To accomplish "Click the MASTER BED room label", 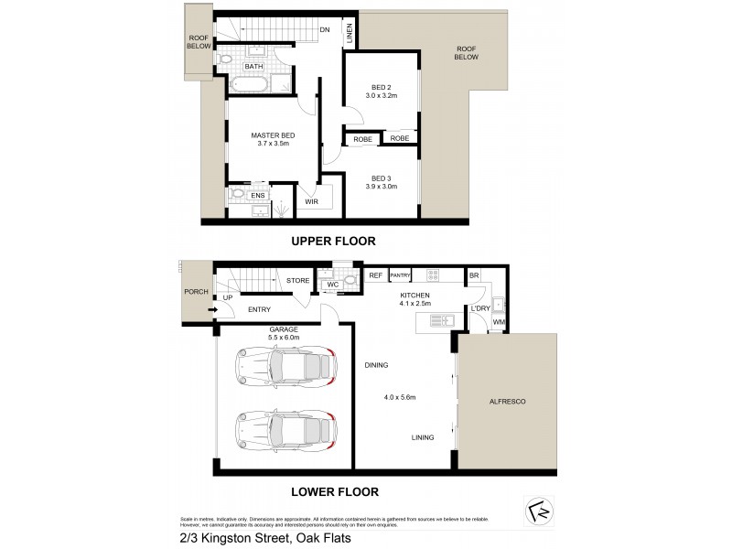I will coord(272,135).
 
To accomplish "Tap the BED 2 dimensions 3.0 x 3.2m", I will coord(382,94).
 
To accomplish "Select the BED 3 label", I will coord(382,178).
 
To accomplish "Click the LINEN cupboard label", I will coord(350,34).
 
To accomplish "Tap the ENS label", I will coord(258,195).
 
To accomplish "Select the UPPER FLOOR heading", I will coord(333,242).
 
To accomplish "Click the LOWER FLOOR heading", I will coord(334,491).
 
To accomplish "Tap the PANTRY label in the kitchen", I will coord(400,275).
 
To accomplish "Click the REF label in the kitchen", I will coord(375,275).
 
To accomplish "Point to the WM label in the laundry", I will coord(499,323).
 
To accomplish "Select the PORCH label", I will coord(196,293).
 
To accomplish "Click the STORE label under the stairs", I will coord(297,281).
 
